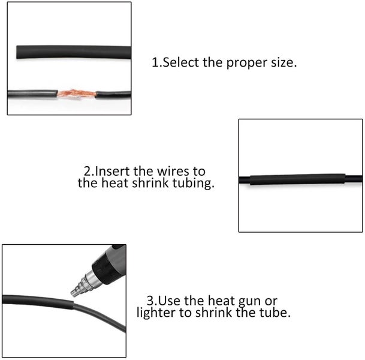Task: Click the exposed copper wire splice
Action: (x=76, y=94)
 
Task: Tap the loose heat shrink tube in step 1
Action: (x=74, y=52)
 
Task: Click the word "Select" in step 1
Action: (x=180, y=62)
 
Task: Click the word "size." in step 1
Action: (x=284, y=62)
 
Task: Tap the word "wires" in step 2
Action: (x=173, y=171)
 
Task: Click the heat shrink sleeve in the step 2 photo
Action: (x=297, y=179)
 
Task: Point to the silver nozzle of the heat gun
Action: (x=85, y=284)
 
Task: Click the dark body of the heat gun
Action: (x=111, y=263)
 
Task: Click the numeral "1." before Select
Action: (x=157, y=62)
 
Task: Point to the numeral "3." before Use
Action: (x=152, y=301)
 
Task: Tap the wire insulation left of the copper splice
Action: (x=32, y=94)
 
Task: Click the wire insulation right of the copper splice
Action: (x=113, y=95)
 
